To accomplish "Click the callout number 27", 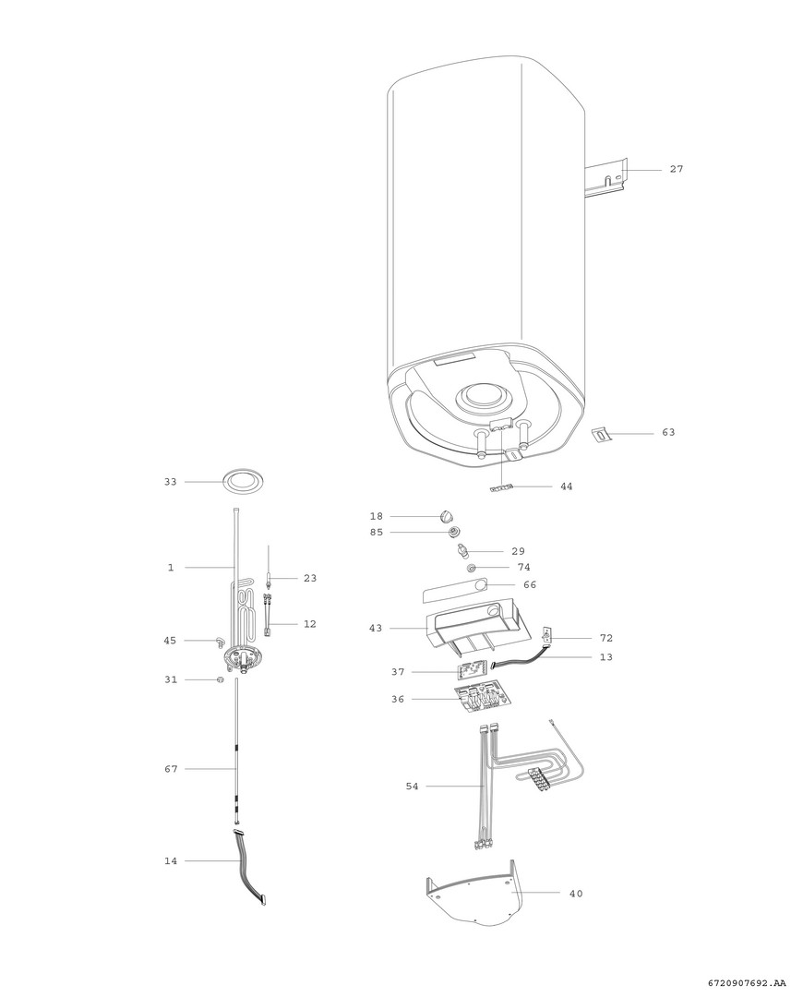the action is click(676, 169).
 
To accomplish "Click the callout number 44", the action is click(566, 486).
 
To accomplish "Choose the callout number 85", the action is click(377, 533).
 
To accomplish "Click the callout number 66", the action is click(530, 585).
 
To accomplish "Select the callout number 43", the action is click(376, 629).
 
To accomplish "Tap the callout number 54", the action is click(412, 787).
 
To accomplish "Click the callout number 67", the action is click(171, 769).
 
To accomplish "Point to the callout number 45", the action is click(170, 641).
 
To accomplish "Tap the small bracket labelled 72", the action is click(546, 636).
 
